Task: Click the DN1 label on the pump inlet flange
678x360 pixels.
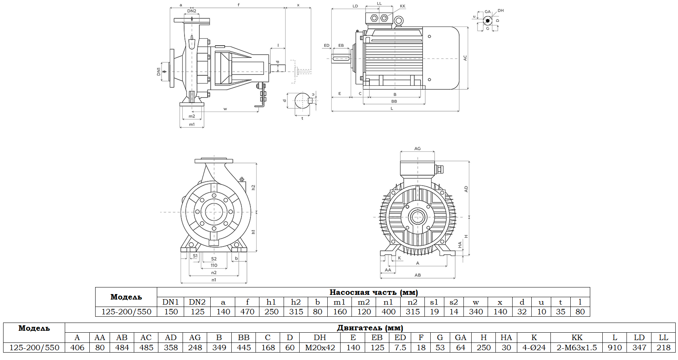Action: tap(158, 71)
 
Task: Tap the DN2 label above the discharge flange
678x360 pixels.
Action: tap(192, 11)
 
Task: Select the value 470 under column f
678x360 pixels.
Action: tap(247, 312)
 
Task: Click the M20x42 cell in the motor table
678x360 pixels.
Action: tap(320, 348)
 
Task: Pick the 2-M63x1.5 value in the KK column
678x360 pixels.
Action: tap(577, 348)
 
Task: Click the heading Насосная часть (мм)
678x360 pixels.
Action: tap(373, 292)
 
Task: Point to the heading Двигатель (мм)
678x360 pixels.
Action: tap(370, 328)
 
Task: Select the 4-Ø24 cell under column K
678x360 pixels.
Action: tap(534, 348)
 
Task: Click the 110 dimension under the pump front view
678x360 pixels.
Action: tap(214, 265)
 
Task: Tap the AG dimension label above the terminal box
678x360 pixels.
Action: tap(417, 149)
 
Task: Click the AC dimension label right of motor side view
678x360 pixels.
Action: tap(465, 58)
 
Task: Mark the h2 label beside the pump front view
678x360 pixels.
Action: tap(253, 188)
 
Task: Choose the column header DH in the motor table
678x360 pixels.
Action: tap(320, 337)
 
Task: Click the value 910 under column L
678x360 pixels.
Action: tap(614, 348)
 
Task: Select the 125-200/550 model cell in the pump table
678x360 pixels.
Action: tap(126, 312)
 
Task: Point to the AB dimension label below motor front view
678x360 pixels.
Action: tap(417, 275)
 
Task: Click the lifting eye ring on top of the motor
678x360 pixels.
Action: tap(398, 21)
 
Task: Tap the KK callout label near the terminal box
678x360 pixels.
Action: tap(403, 6)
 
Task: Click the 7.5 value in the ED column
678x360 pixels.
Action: tap(400, 348)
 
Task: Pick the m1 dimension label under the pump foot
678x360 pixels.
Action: tap(192, 124)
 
